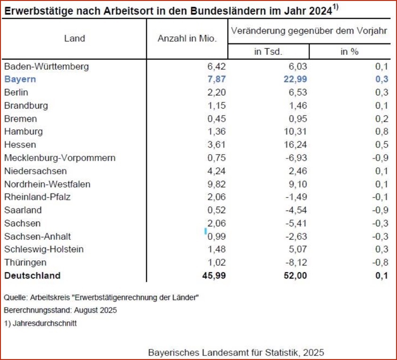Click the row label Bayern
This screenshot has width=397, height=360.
tap(20, 79)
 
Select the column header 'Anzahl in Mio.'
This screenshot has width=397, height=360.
tap(187, 39)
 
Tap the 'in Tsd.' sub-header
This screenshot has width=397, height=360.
tap(268, 51)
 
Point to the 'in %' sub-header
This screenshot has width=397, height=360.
tap(349, 51)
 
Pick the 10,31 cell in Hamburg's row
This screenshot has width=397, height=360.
tap(296, 132)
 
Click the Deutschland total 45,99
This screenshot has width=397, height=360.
tap(213, 275)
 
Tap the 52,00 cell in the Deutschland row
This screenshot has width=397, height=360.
tap(296, 275)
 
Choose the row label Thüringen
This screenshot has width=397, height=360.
tap(25, 262)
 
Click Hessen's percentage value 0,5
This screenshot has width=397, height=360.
tap(382, 145)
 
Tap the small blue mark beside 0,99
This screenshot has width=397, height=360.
tap(205, 231)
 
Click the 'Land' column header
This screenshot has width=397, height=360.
tap(75, 39)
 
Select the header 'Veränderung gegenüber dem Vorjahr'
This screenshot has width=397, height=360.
tap(309, 31)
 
